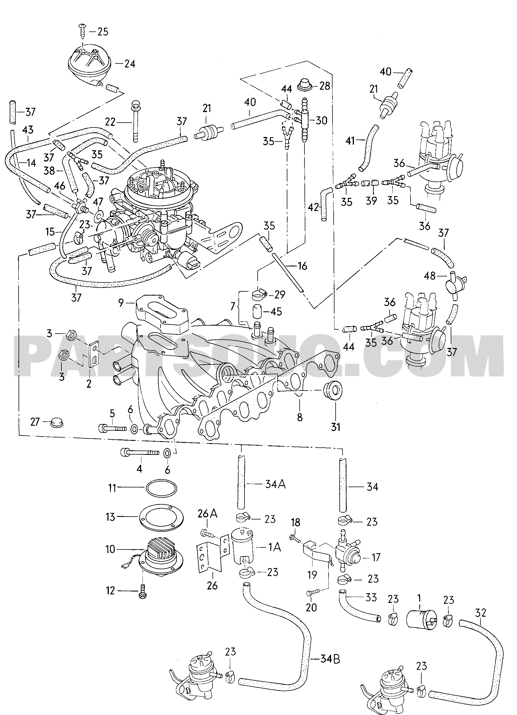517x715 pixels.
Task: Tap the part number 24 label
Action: tap(129, 64)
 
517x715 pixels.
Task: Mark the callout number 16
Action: tap(302, 266)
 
